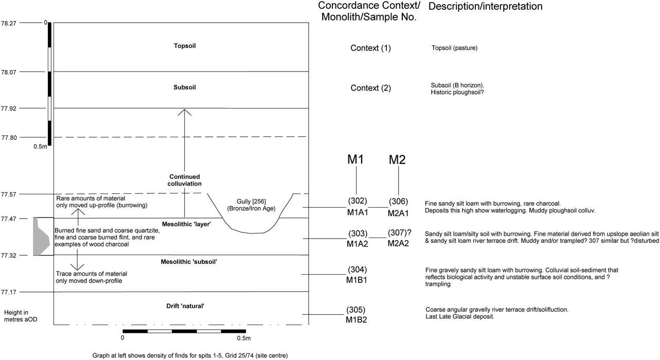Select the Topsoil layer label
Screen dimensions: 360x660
pyautogui.click(x=185, y=46)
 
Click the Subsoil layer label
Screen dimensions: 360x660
pyautogui.click(x=185, y=87)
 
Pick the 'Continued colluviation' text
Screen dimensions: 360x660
pyautogui.click(x=185, y=180)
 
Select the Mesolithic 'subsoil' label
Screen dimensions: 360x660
pyautogui.click(x=186, y=262)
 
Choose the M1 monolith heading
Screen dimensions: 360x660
pyautogui.click(x=355, y=159)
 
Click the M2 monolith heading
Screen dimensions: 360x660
pyautogui.click(x=397, y=160)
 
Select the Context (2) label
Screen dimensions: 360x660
pyautogui.click(x=370, y=88)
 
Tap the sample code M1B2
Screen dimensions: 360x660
pyautogui.click(x=356, y=320)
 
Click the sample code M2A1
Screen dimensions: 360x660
pyautogui.click(x=398, y=212)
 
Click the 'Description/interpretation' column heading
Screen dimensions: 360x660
pyautogui.click(x=485, y=7)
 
